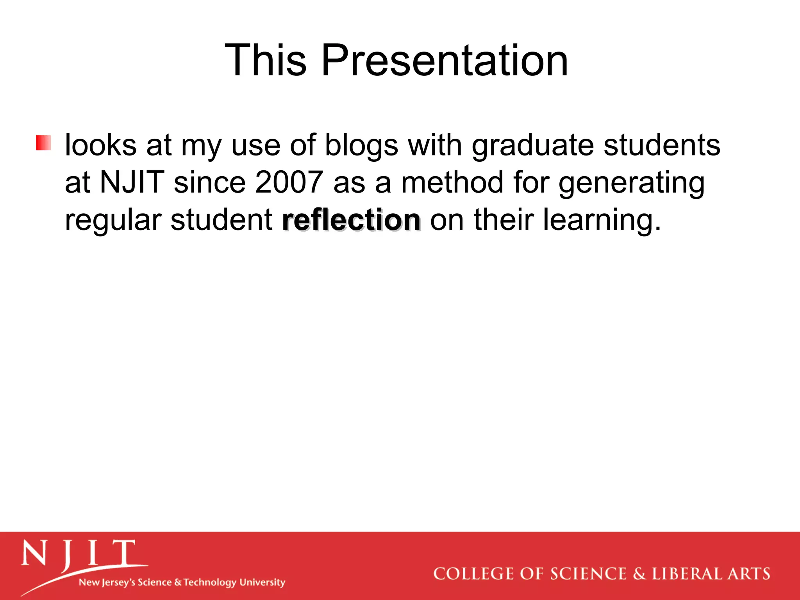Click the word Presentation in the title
444,61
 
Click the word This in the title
266,61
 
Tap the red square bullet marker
43,143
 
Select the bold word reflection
351,220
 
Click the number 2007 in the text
289,182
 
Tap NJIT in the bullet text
132,182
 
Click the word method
452,182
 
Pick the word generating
631,182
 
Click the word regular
113,220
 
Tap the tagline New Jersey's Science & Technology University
182,582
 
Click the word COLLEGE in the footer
473,574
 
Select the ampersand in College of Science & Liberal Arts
639,574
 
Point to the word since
209,182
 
